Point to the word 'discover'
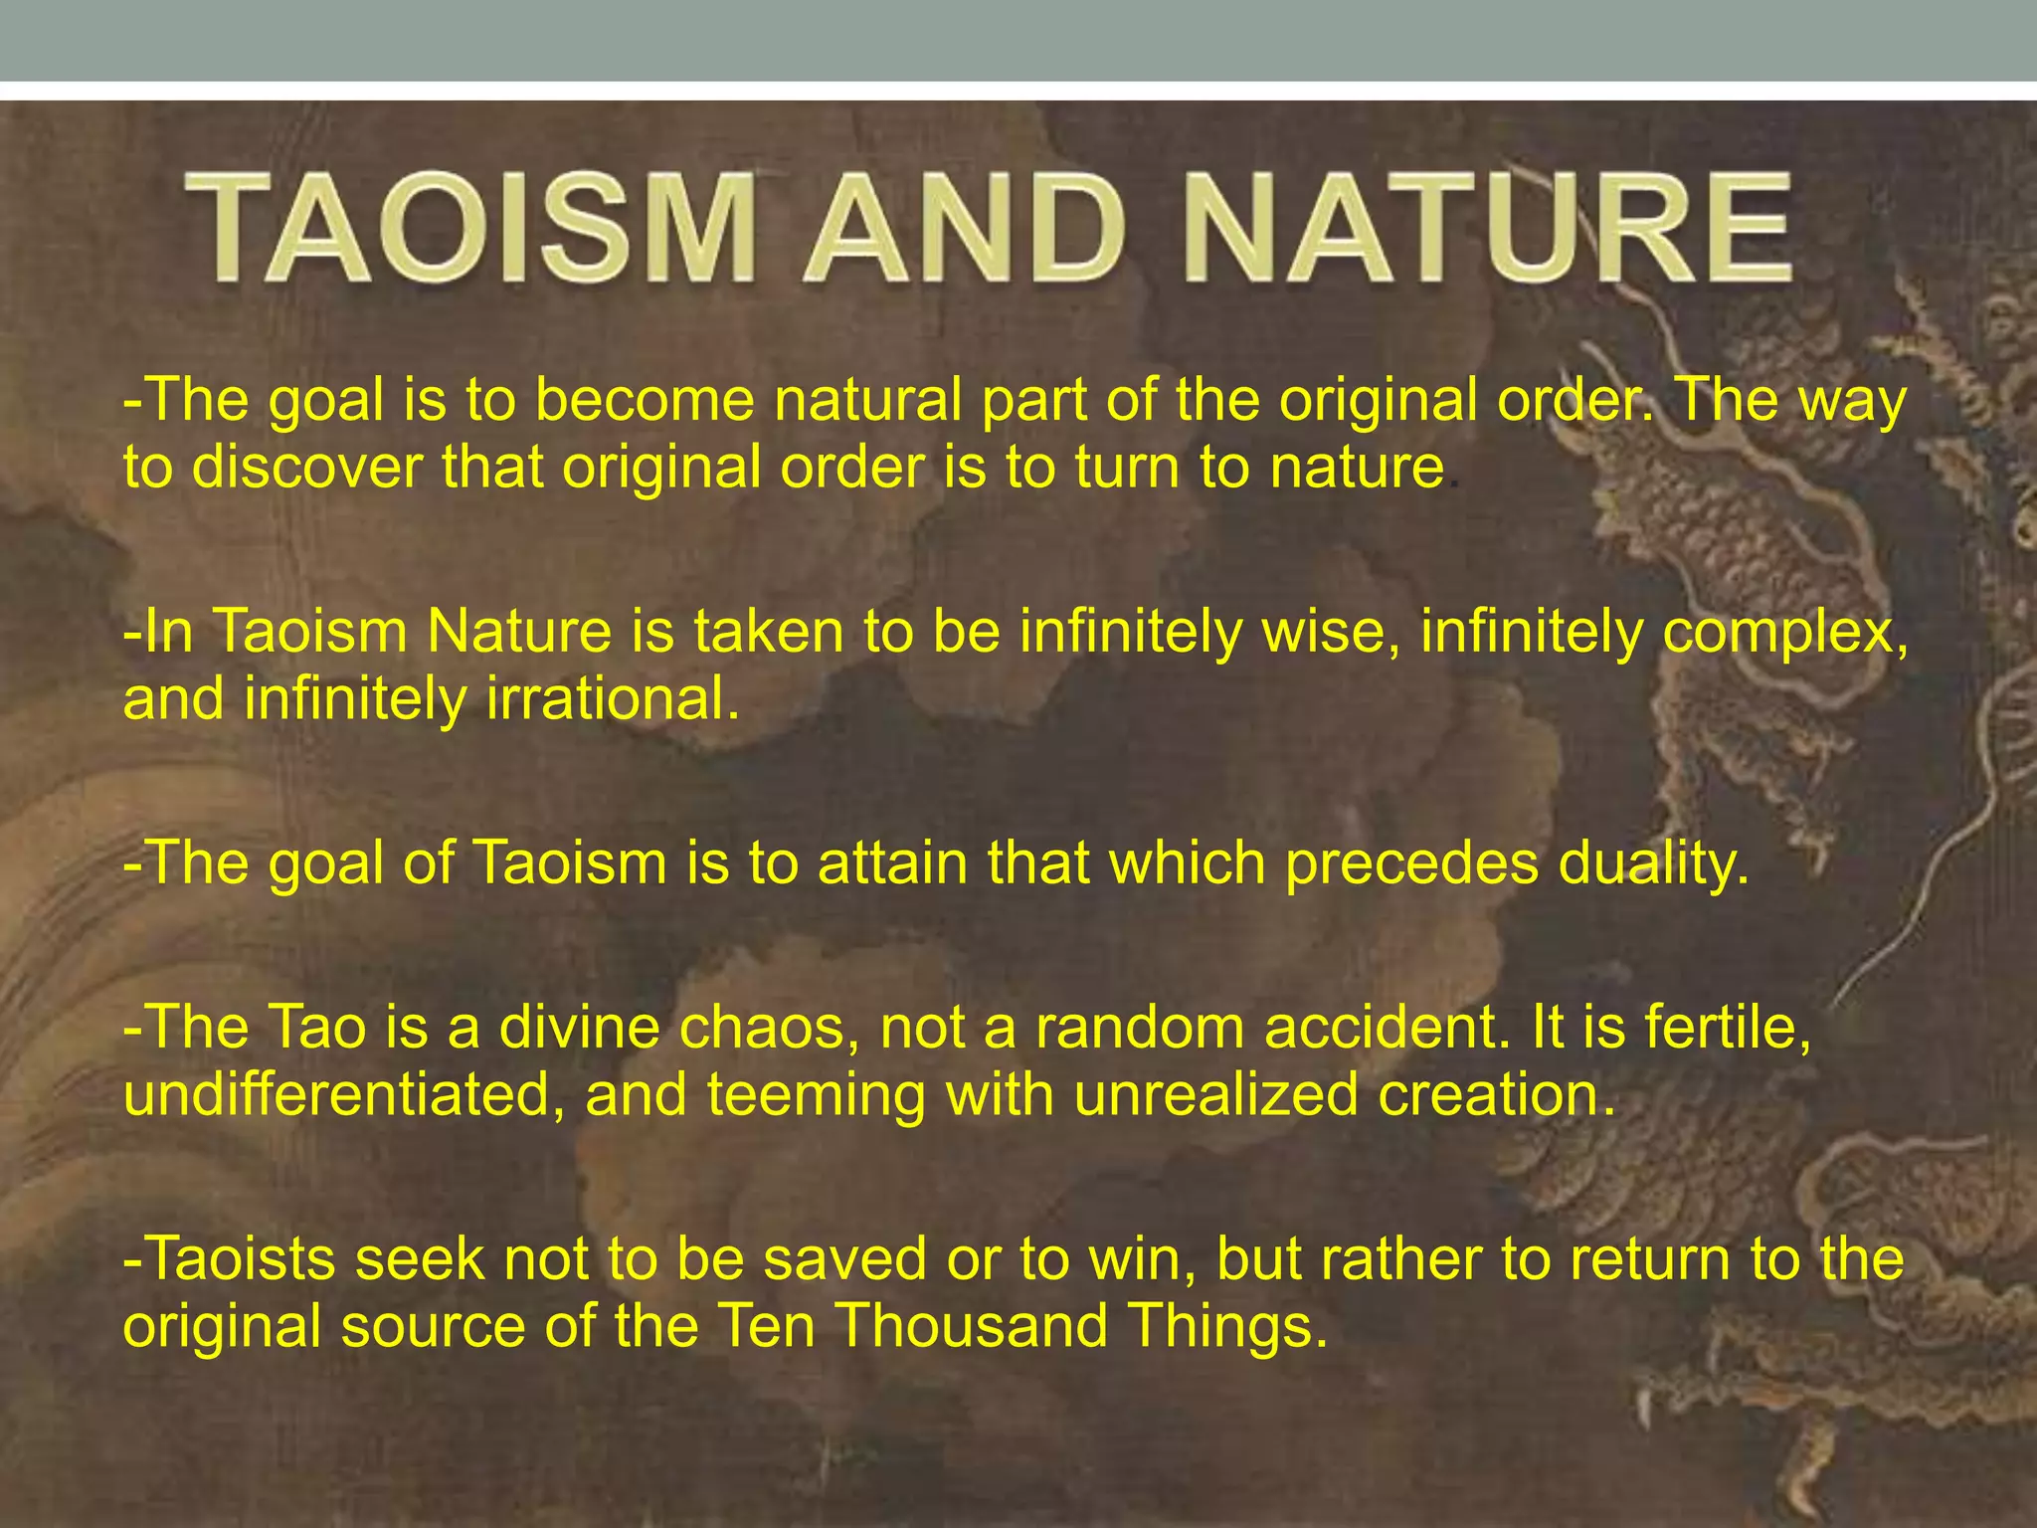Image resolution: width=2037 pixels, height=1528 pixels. pos(307,467)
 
